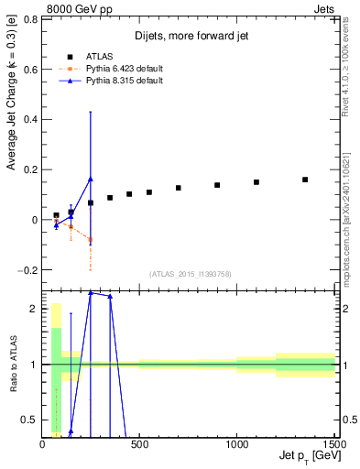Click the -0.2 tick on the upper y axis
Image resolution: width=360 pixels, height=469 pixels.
tap(29, 270)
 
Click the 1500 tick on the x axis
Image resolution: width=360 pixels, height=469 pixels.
tap(335, 445)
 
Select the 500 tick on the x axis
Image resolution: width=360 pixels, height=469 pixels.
tap(139, 445)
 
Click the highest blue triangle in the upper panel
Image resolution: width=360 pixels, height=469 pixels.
tap(91, 179)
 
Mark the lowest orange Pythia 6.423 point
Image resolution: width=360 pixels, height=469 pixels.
tap(91, 240)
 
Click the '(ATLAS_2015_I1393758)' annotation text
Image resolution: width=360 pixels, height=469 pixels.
tap(189, 273)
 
